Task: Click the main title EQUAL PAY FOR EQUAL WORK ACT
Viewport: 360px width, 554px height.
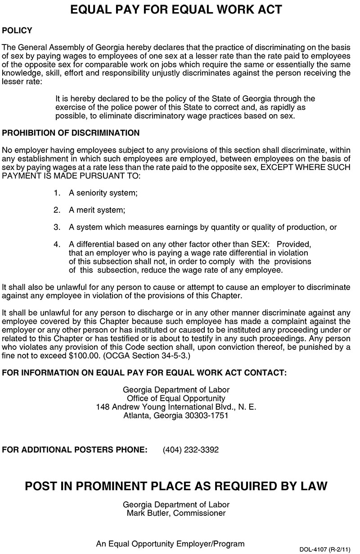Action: pyautogui.click(x=176, y=10)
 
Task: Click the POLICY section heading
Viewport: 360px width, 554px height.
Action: pyautogui.click(x=17, y=31)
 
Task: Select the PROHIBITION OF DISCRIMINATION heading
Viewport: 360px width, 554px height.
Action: pyautogui.click(x=71, y=133)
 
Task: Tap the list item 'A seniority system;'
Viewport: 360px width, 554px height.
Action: pyautogui.click(x=103, y=193)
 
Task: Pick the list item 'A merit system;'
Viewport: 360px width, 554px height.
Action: pyautogui.click(x=97, y=210)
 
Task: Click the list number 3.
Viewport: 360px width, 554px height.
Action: pyautogui.click(x=57, y=228)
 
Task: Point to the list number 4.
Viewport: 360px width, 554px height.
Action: pyautogui.click(x=57, y=244)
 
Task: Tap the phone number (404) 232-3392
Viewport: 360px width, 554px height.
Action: pyautogui.click(x=190, y=450)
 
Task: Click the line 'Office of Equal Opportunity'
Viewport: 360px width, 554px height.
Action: pyautogui.click(x=176, y=398)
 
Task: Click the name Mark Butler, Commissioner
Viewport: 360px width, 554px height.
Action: pyautogui.click(x=176, y=513)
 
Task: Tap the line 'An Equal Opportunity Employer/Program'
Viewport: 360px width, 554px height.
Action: pyautogui.click(x=170, y=544)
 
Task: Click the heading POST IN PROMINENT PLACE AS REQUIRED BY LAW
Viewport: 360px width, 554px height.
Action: pyautogui.click(x=176, y=486)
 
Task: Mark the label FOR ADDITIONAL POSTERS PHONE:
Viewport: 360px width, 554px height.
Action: pyautogui.click(x=75, y=450)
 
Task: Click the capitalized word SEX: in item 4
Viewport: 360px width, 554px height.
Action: pyautogui.click(x=260, y=244)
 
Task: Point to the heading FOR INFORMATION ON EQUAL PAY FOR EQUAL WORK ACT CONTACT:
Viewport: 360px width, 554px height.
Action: pyautogui.click(x=144, y=373)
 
